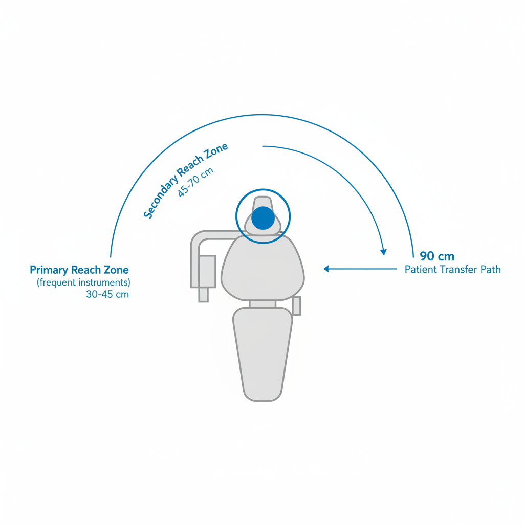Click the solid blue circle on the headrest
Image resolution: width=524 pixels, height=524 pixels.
[x=263, y=218]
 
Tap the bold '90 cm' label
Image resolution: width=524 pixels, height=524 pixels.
[x=437, y=256]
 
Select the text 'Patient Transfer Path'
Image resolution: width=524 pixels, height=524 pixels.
[x=453, y=269]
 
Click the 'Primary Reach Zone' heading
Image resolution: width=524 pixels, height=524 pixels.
[x=79, y=270]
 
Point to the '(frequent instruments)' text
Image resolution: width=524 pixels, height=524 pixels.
[x=83, y=282]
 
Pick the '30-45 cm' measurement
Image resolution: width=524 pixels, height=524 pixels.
[x=107, y=294]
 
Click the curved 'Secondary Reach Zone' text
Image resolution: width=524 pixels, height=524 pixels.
[x=185, y=181]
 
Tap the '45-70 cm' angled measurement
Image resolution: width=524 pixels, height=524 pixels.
[x=195, y=182]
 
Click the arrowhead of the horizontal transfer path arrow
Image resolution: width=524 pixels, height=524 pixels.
[x=326, y=269]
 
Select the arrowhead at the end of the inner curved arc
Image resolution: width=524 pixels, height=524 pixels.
[x=384, y=252]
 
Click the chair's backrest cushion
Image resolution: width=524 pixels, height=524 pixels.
[x=263, y=268]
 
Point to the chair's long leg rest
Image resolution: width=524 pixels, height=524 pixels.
[x=263, y=354]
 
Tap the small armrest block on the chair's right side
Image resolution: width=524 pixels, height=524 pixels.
[x=296, y=306]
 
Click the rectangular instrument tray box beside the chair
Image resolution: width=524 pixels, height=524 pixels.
[x=207, y=271]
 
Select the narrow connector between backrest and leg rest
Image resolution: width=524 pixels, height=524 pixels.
[x=263, y=304]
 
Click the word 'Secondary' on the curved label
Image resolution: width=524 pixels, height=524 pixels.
[x=160, y=197]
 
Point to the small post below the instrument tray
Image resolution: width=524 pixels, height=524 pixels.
[x=204, y=295]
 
